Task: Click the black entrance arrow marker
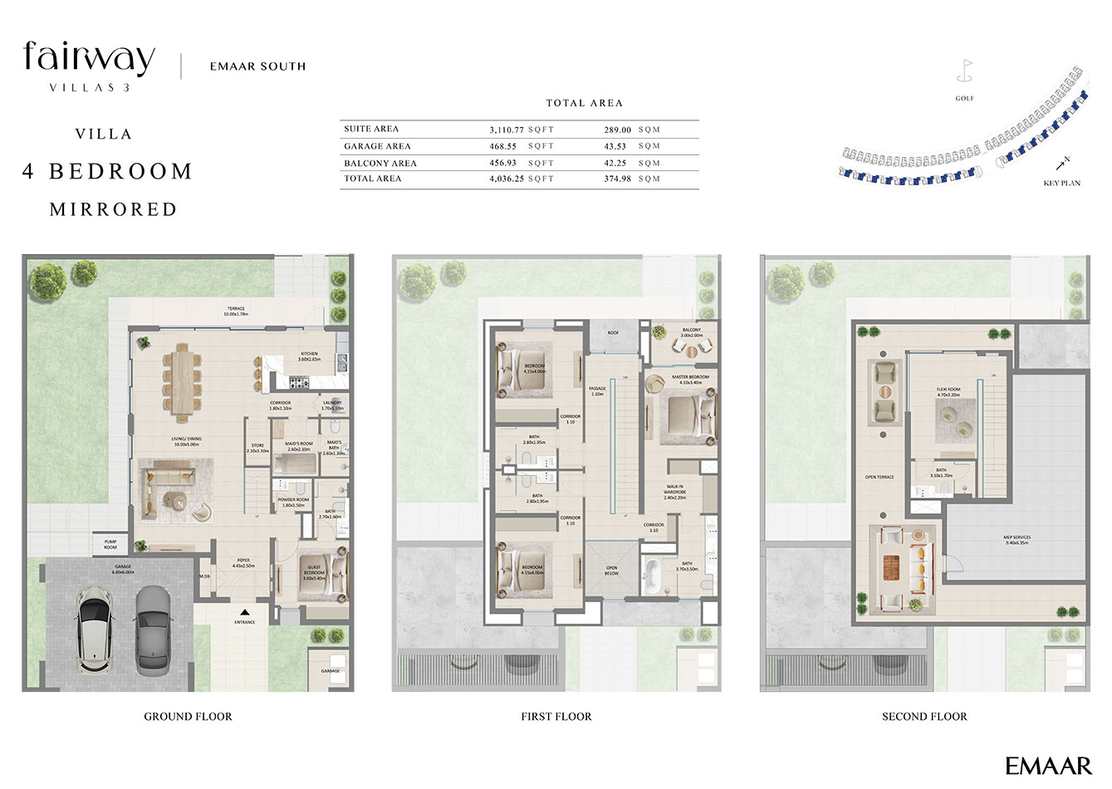pyautogui.click(x=244, y=612)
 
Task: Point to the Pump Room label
pyautogui.click(x=110, y=546)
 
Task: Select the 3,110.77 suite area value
pyautogui.click(x=507, y=130)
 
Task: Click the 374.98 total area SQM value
pyautogui.click(x=618, y=179)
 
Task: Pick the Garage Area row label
pyautogui.click(x=377, y=146)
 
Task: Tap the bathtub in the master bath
pyautogui.click(x=654, y=574)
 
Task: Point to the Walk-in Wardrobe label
pyautogui.click(x=674, y=493)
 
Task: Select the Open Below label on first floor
pyautogui.click(x=611, y=571)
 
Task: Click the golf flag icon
pyautogui.click(x=964, y=70)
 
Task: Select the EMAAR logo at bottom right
pyautogui.click(x=1048, y=765)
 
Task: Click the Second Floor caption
pyautogui.click(x=924, y=716)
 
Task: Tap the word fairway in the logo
pyautogui.click(x=89, y=57)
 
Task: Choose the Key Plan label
pyautogui.click(x=1061, y=183)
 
